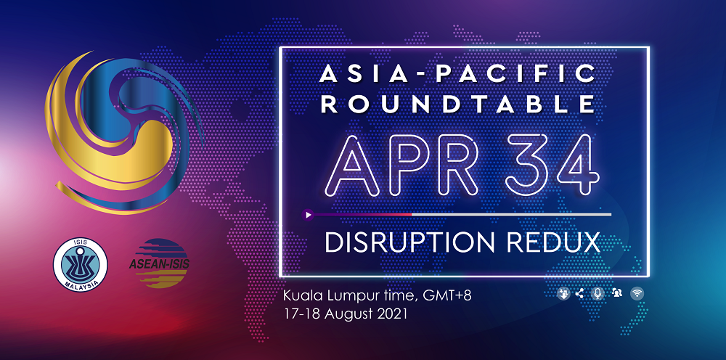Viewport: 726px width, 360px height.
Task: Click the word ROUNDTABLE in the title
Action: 458,104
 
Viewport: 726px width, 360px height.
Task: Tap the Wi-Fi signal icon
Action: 637,293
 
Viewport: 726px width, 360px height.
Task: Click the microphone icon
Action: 597,293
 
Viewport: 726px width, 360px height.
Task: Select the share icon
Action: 579,293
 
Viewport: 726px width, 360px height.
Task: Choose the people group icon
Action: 616,292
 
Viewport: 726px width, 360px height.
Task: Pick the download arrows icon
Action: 563,293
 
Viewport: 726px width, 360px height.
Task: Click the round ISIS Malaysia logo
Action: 80,265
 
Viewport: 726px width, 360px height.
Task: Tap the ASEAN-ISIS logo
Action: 159,263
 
